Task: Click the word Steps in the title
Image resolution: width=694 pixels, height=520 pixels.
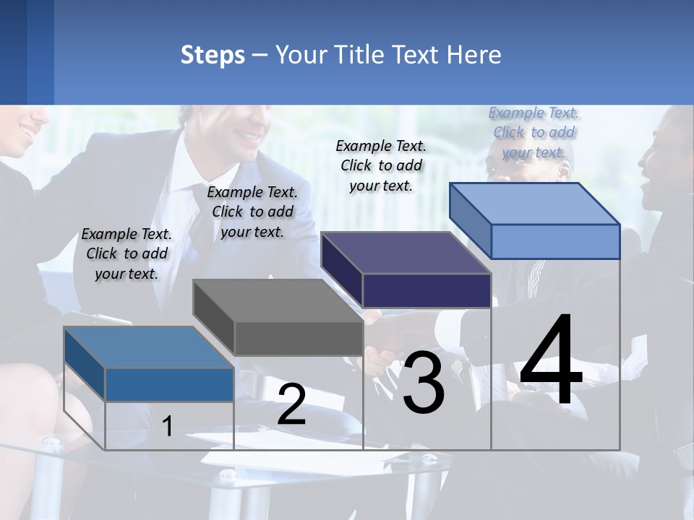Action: click(x=212, y=55)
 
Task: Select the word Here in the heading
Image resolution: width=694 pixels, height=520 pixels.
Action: click(x=473, y=55)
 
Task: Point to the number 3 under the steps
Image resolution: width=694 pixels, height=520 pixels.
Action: click(x=423, y=382)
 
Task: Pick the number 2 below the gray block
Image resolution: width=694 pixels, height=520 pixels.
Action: click(x=291, y=405)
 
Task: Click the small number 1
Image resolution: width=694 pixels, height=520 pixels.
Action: click(x=168, y=426)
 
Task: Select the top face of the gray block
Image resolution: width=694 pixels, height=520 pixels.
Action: click(x=278, y=300)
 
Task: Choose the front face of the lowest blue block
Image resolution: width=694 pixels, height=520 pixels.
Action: click(x=169, y=384)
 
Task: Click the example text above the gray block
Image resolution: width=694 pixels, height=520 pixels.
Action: click(x=252, y=212)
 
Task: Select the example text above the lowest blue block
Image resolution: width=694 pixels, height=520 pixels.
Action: click(x=127, y=253)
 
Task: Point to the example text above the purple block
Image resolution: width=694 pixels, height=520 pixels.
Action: click(x=381, y=165)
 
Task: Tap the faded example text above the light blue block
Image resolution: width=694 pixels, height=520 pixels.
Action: click(x=534, y=132)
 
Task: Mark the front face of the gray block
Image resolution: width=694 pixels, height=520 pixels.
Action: click(x=298, y=338)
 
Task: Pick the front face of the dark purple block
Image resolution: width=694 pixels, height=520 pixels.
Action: click(x=427, y=290)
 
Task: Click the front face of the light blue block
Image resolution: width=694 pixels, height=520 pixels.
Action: click(x=555, y=241)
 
